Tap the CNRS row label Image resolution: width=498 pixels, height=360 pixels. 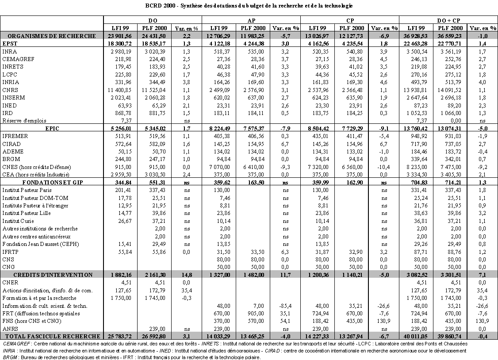point(10,90)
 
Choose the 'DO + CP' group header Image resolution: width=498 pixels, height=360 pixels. point(448,20)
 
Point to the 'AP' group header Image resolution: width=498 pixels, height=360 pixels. point(251,20)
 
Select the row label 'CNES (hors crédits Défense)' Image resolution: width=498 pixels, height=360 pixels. point(37,167)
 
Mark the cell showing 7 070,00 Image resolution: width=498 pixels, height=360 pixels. point(219,167)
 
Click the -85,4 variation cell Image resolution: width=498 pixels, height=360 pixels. point(284,306)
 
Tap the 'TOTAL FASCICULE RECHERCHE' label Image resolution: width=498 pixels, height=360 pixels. point(52,337)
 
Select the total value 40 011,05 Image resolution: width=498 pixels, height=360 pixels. point(416,337)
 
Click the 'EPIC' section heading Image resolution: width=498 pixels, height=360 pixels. point(52,128)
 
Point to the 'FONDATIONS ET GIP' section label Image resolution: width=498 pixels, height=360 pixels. point(52,182)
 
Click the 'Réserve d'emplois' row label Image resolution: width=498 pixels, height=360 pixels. point(24,120)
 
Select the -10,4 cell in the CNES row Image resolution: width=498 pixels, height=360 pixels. point(383,167)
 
